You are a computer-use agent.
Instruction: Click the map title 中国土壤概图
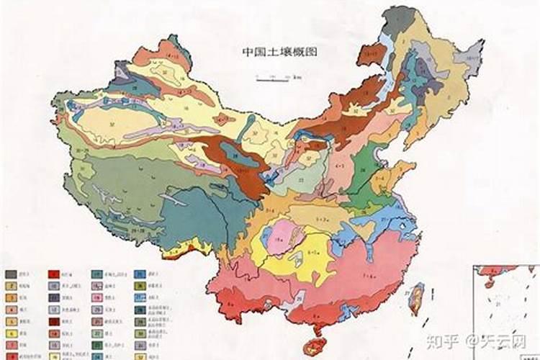[279, 53]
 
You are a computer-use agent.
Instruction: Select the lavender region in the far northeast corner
[474, 54]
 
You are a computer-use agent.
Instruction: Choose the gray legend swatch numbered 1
[11, 275]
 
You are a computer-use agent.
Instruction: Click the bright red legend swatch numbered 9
[53, 275]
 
